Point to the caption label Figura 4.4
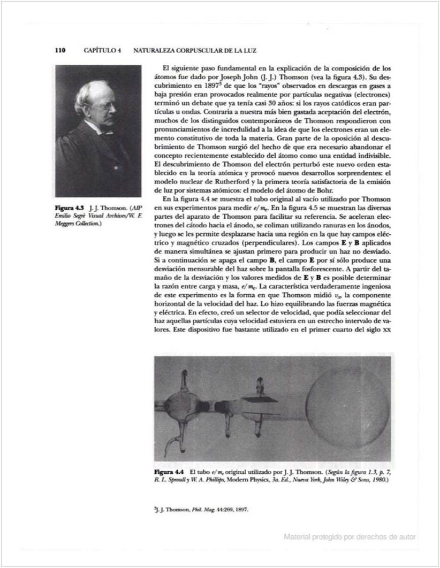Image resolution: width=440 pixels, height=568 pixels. (169, 472)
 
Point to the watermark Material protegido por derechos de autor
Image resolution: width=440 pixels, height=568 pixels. (350, 536)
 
